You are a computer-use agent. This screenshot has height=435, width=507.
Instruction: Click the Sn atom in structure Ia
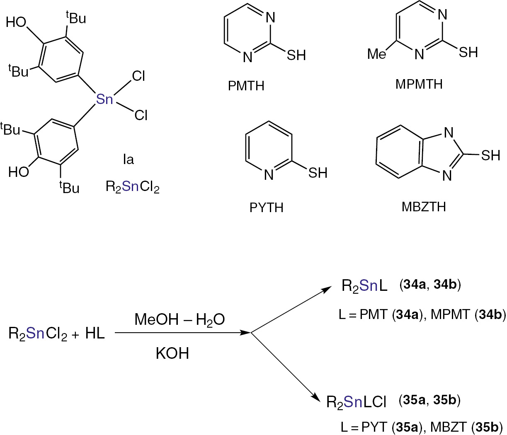pos(104,99)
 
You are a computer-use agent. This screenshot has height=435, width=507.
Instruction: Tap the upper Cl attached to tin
pos(138,76)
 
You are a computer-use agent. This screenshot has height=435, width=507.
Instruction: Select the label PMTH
pos(246,86)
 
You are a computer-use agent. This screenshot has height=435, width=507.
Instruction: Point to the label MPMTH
pos(419,84)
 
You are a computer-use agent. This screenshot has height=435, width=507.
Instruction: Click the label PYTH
pos(266,207)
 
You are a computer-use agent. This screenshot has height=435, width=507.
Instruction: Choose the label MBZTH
pos(424,206)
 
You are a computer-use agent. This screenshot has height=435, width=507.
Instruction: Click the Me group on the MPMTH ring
pos(377,54)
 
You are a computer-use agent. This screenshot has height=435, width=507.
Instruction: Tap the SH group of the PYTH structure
pos(318,173)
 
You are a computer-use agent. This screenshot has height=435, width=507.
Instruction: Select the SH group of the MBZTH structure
pos(490,155)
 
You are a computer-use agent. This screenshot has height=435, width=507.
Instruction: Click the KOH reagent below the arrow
pos(172,353)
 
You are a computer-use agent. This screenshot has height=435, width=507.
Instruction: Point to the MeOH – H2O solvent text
pos(180,319)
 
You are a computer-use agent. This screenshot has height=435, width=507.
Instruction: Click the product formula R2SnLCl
pos(357,402)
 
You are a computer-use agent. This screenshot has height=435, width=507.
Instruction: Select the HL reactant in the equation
pos(95,333)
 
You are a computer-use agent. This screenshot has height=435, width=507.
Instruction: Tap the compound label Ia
pos(129,159)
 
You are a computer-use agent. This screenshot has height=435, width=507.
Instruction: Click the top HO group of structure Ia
pos(17,22)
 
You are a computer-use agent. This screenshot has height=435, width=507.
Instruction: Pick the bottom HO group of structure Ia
pos(19,172)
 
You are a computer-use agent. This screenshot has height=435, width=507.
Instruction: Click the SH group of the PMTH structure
pos(296,55)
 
